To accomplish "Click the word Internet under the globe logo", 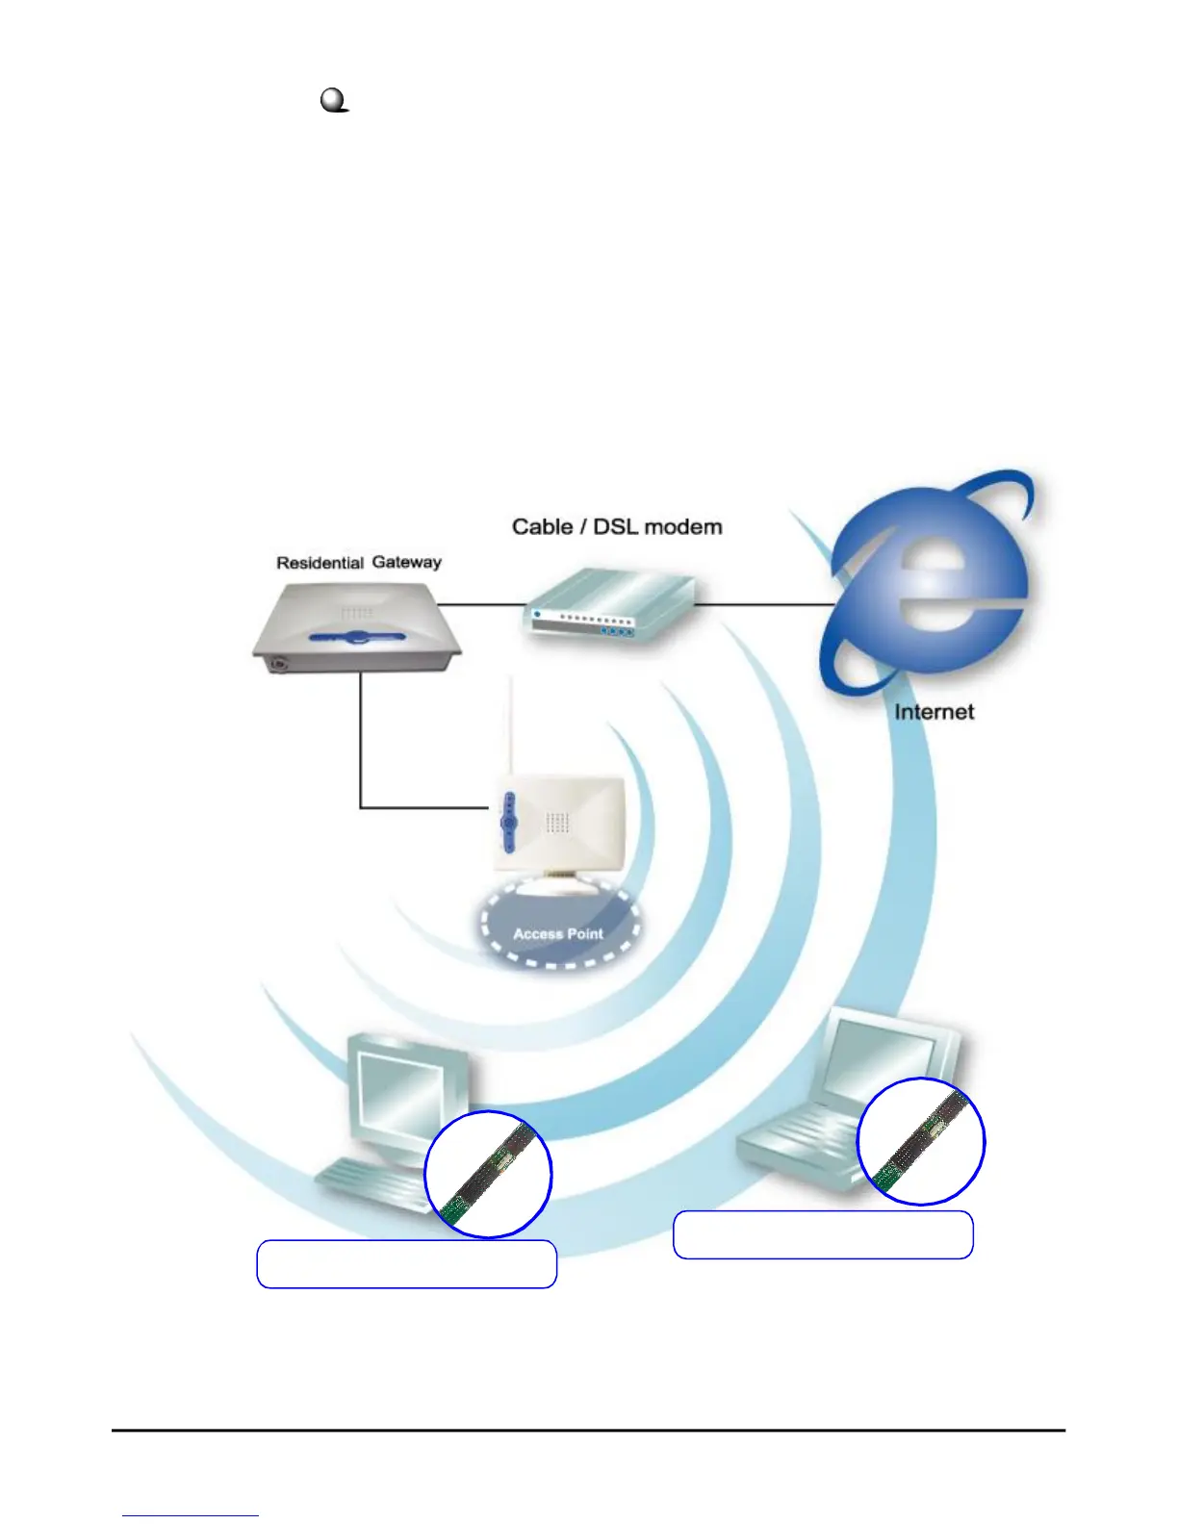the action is coord(934,712).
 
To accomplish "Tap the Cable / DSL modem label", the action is coord(617,527).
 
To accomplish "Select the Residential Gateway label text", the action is coord(359,563).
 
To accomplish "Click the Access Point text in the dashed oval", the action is coord(558,933).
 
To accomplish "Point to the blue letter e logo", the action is coord(929,587).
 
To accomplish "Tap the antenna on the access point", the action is coord(510,731).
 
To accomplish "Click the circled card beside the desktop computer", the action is coord(489,1174).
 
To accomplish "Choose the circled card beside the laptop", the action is coord(921,1141).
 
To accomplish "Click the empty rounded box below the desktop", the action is coord(407,1264).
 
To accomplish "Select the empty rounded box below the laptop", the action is coord(823,1235).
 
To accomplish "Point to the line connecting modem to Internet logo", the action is coord(765,604).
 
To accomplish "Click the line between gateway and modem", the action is coord(481,604).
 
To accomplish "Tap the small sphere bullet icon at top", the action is coord(334,100).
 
